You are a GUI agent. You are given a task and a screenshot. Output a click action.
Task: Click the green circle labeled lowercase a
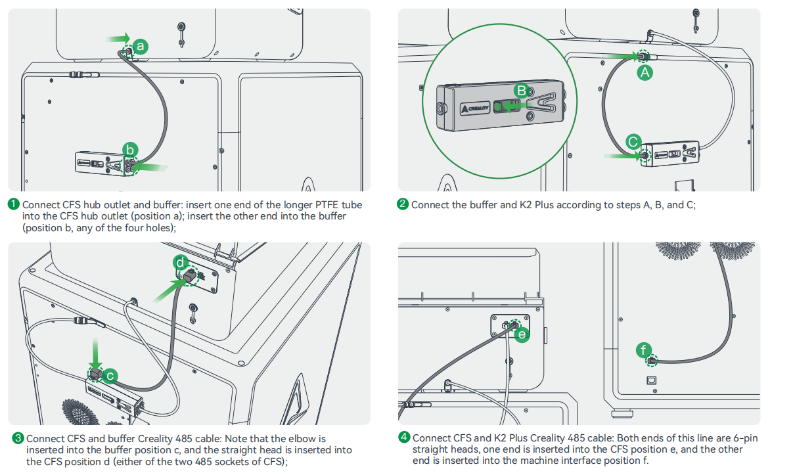click(140, 46)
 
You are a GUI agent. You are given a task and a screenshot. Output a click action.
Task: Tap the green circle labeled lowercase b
click(131, 150)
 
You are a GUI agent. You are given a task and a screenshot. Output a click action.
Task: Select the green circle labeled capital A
click(645, 73)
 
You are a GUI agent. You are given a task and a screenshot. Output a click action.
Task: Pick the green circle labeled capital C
click(633, 141)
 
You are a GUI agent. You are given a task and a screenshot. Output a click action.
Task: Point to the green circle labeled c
click(111, 376)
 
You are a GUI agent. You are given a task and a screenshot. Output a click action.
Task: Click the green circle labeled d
click(181, 262)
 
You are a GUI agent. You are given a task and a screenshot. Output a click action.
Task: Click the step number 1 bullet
click(14, 204)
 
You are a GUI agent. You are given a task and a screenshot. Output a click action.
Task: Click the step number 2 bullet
click(403, 204)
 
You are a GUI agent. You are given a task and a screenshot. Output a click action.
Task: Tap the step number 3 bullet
click(18, 438)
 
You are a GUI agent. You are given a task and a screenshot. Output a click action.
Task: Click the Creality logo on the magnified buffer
click(474, 108)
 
